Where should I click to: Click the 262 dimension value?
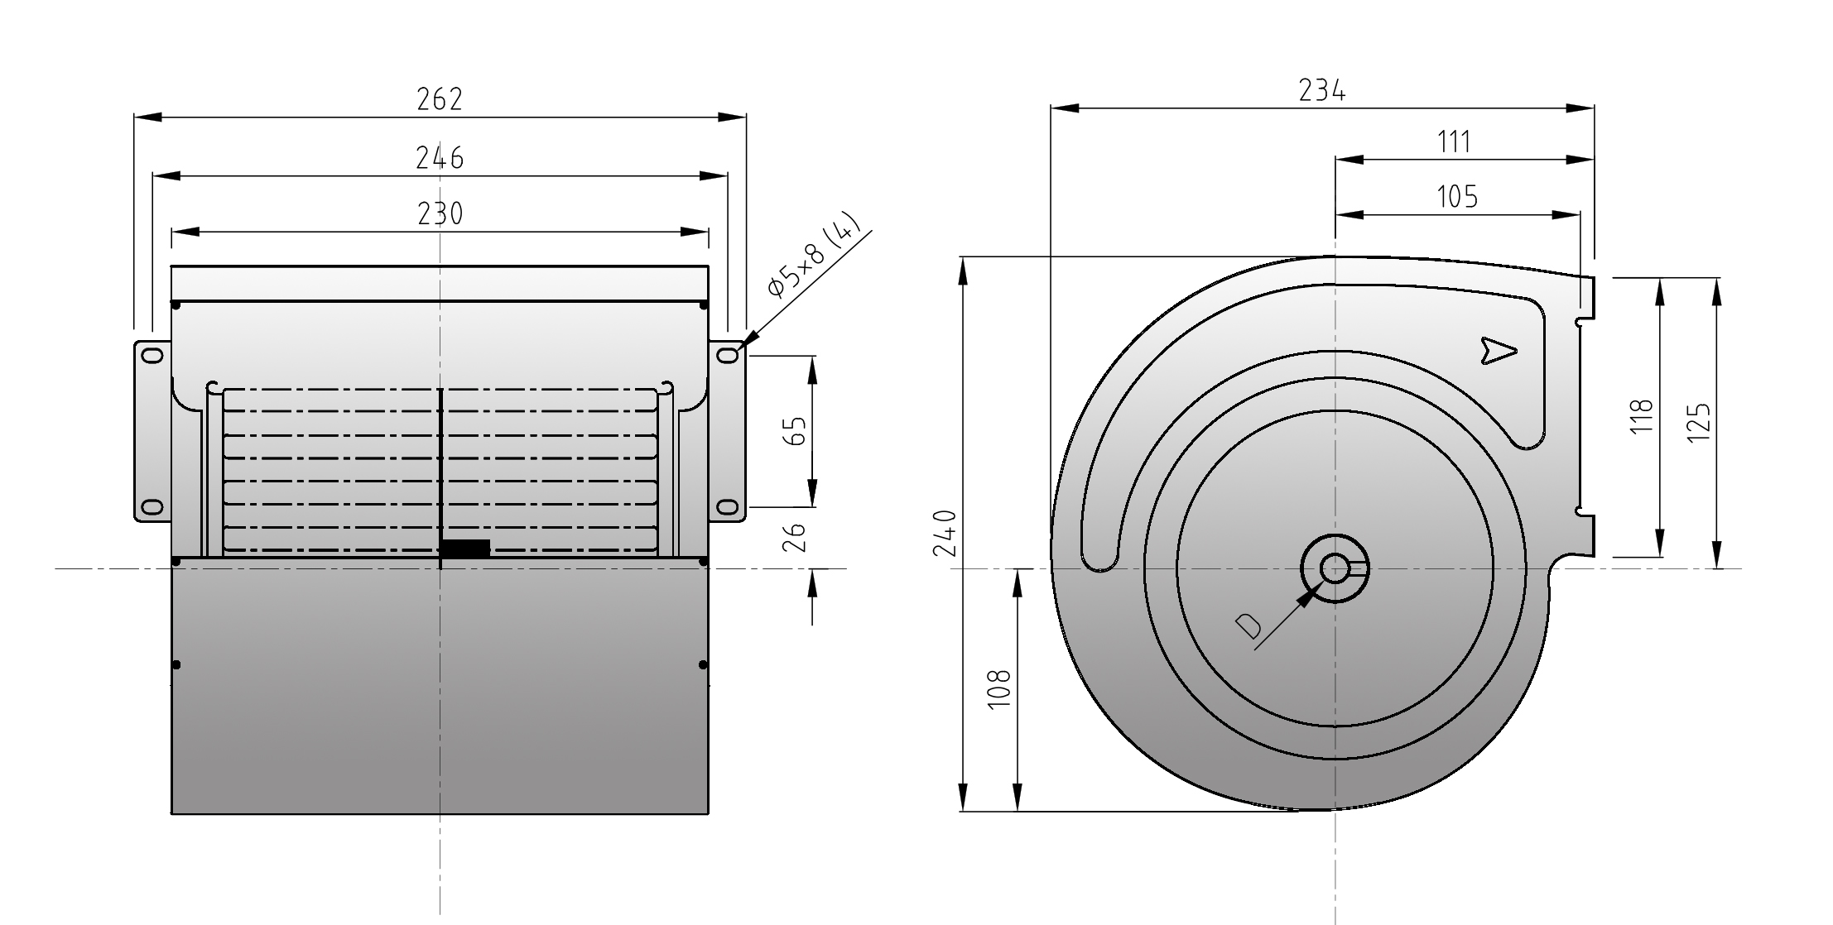440,99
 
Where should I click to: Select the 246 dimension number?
440,157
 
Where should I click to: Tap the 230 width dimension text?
440,213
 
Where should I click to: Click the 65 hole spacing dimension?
794,430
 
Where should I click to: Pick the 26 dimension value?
794,537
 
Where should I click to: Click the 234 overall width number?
1321,90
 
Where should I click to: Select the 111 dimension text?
1455,142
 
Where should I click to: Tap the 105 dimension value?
1457,197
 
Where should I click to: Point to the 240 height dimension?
945,533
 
